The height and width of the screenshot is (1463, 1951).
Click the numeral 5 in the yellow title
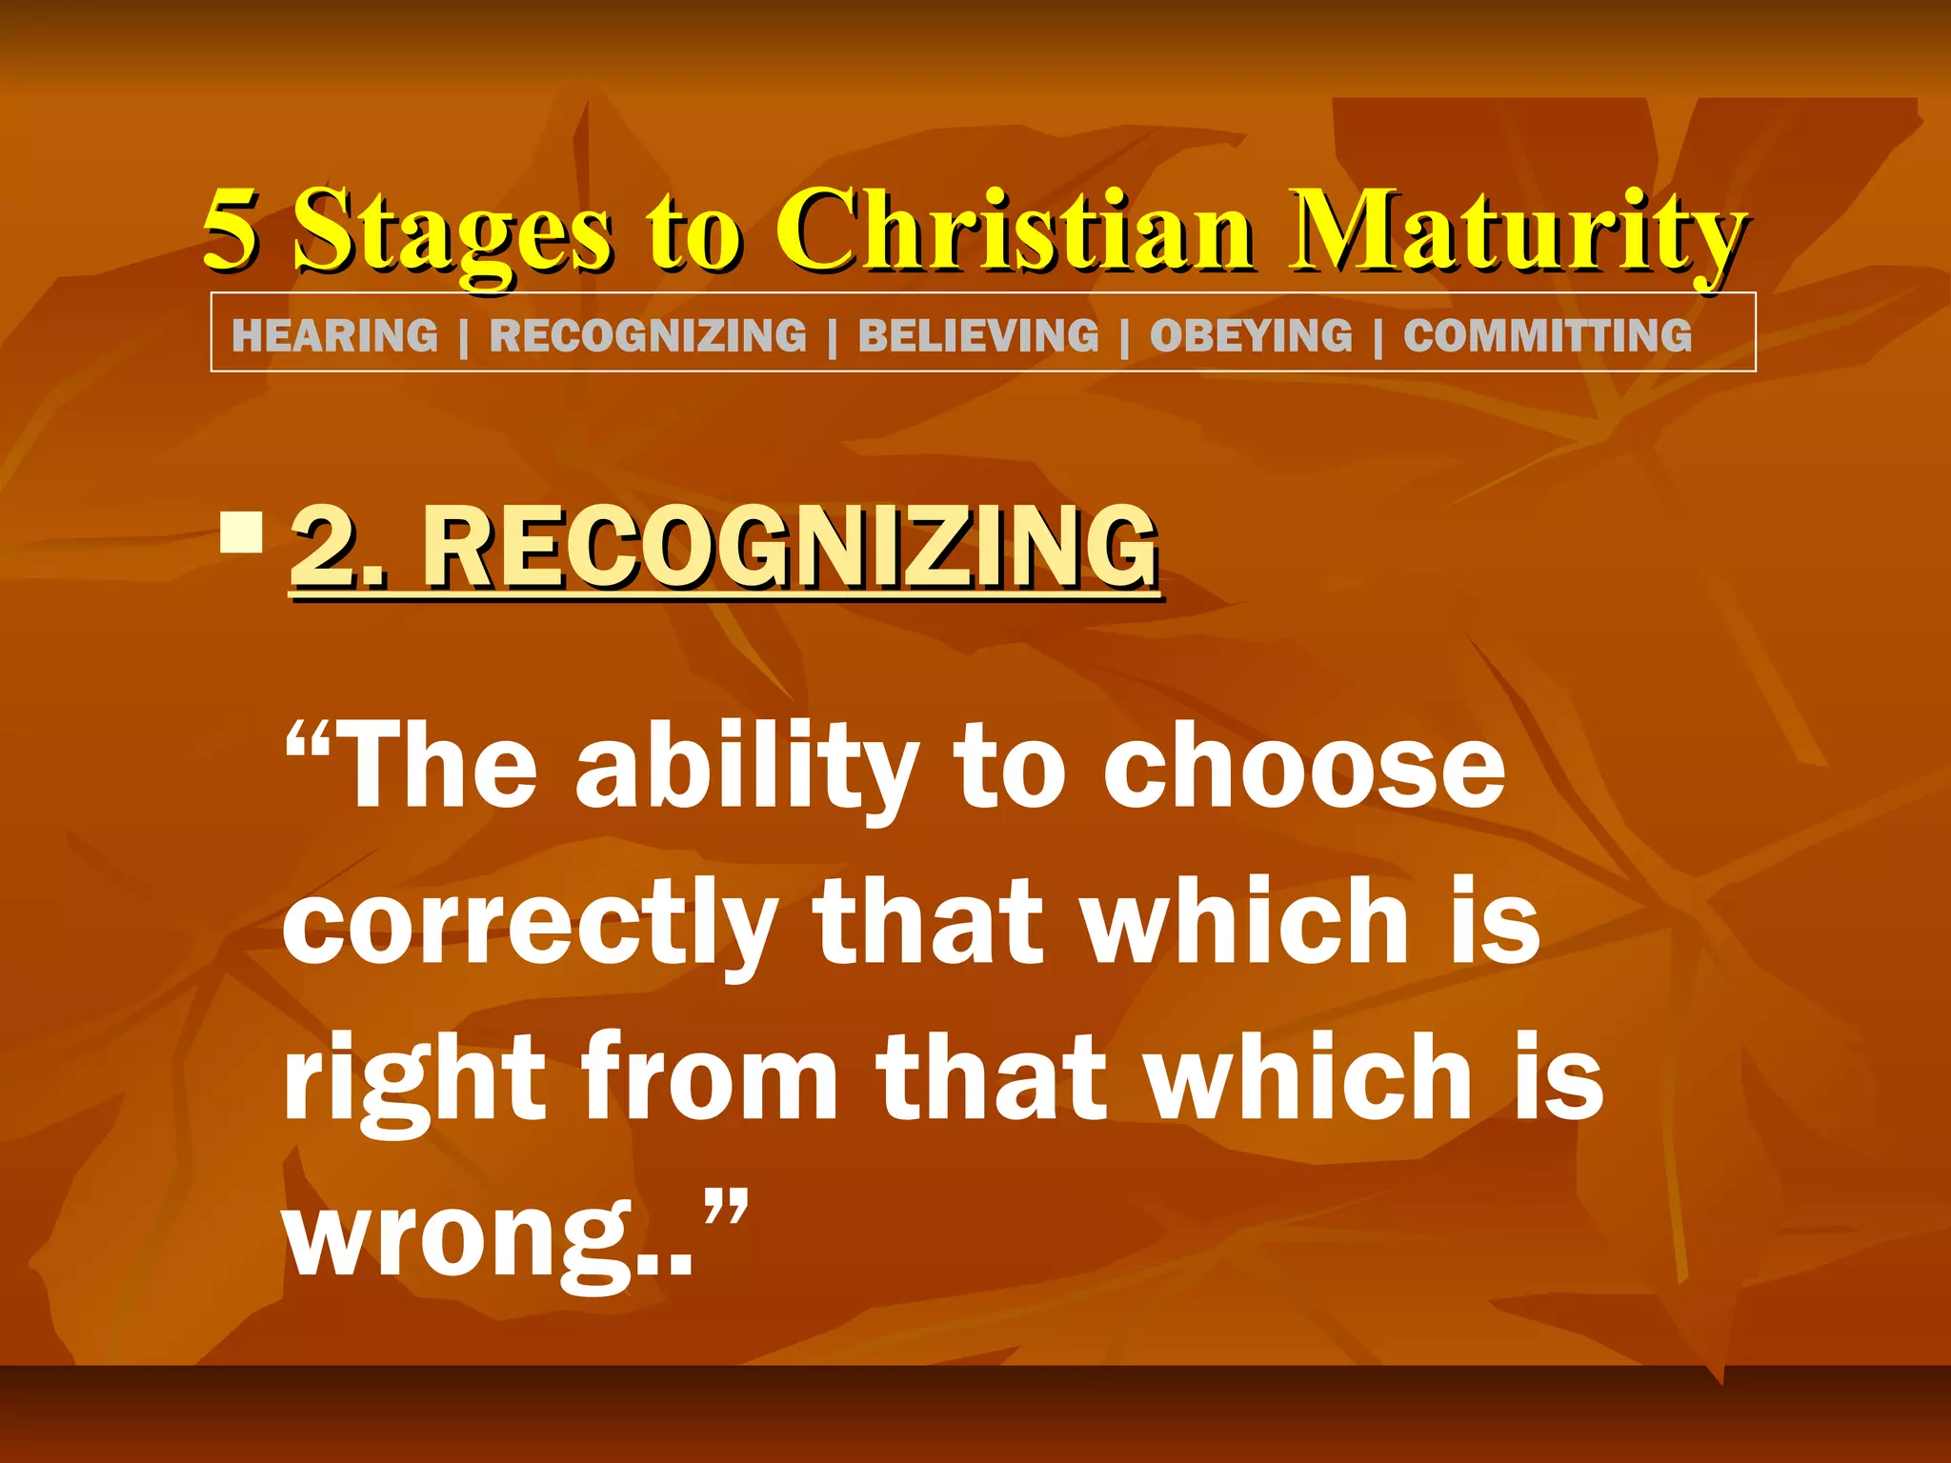point(231,229)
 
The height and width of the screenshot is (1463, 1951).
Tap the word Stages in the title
point(452,233)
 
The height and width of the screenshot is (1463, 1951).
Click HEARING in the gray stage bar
point(334,336)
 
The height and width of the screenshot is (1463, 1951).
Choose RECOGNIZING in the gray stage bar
point(648,336)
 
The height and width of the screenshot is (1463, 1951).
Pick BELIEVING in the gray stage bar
point(978,336)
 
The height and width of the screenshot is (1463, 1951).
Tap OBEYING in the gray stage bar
point(1251,336)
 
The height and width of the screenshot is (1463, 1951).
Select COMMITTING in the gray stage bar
point(1547,336)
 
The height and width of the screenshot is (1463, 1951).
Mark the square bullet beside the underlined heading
point(241,532)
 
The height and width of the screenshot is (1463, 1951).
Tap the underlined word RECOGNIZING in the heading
point(790,548)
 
